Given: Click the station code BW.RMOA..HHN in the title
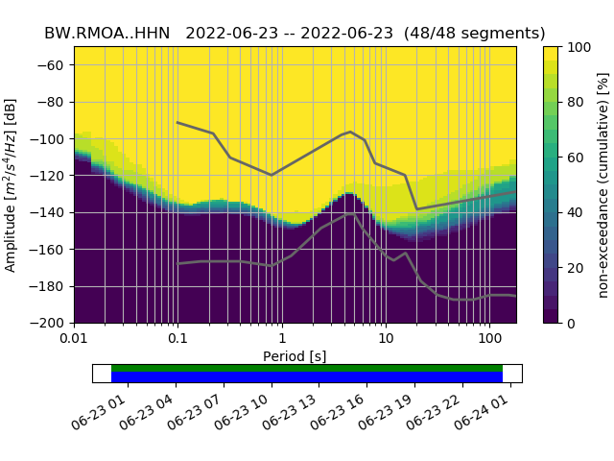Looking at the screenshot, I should (x=106, y=33).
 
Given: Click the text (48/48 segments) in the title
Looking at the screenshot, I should (x=475, y=33).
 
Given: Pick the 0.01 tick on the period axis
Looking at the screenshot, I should (x=74, y=338).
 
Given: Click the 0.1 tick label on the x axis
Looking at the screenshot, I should (x=177, y=338).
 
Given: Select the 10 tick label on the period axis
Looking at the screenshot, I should (x=385, y=338).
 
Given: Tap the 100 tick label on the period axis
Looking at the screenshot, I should (x=489, y=338).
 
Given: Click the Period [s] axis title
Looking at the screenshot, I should (x=295, y=356).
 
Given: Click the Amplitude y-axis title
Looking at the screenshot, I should (x=12, y=184).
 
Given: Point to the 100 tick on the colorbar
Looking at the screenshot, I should (x=579, y=47).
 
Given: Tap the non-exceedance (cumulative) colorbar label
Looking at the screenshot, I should (x=602, y=184).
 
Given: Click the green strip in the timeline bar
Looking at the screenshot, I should (x=307, y=368).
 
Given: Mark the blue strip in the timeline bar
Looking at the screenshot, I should (x=307, y=377).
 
